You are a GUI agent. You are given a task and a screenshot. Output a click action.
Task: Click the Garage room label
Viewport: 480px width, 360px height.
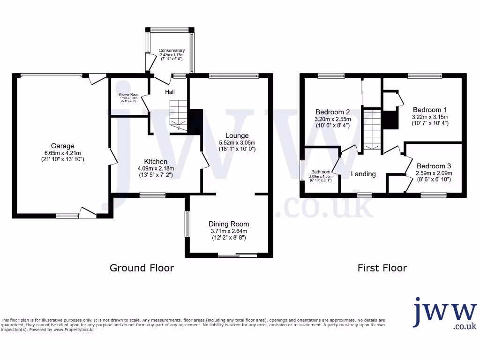coord(63,146)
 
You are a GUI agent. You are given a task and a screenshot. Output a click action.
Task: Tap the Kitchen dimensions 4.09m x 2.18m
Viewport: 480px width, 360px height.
coord(156,169)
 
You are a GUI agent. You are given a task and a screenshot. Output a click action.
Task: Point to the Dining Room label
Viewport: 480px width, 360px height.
coord(229,224)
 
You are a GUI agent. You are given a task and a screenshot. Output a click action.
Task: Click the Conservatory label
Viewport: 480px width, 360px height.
coord(172,51)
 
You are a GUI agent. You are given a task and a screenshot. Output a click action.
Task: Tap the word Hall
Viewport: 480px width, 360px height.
coord(170,92)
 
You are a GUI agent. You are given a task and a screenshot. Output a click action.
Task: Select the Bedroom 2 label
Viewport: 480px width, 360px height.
coord(333,112)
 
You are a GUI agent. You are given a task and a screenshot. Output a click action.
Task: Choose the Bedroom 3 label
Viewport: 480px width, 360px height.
coord(434,166)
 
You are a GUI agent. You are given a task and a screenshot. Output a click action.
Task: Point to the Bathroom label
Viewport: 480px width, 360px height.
coord(321,172)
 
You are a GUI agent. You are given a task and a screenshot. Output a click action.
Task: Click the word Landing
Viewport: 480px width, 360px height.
coord(363,174)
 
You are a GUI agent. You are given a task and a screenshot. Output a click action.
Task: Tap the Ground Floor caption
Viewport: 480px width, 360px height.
coord(142,268)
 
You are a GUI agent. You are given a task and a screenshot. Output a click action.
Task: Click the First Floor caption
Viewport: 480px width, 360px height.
coord(382,268)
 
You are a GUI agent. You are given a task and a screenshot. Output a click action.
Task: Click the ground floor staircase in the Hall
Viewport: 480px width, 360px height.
coord(178,115)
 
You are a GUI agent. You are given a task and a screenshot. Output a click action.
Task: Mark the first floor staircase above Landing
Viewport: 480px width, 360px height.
coord(372,128)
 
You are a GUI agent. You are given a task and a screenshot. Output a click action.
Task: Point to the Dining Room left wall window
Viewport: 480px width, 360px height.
coord(187,224)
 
